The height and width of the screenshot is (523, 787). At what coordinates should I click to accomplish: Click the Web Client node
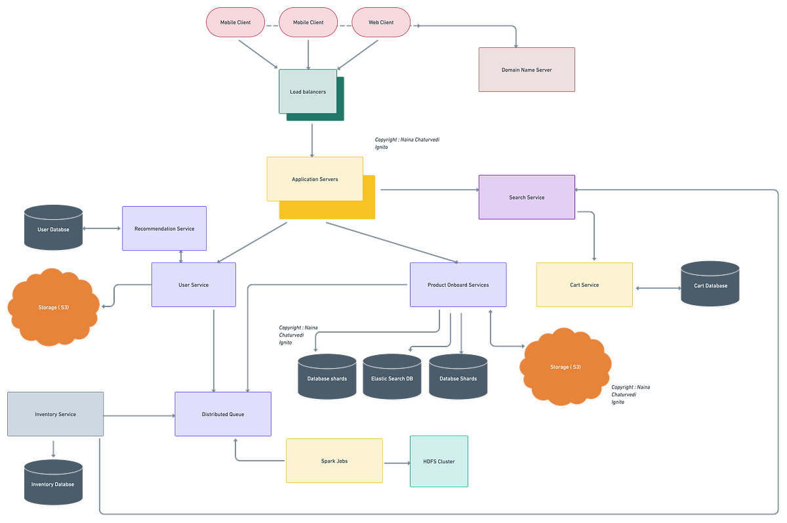click(x=381, y=22)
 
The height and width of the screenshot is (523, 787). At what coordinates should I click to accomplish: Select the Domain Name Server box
click(x=527, y=70)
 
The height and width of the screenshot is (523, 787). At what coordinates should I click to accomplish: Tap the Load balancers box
click(x=308, y=92)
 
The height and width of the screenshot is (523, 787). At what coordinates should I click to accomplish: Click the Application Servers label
click(x=315, y=179)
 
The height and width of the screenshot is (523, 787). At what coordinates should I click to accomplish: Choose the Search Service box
click(x=527, y=197)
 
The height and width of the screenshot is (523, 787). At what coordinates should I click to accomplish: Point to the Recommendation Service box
click(x=164, y=228)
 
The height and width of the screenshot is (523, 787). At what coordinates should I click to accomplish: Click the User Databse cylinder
click(x=53, y=229)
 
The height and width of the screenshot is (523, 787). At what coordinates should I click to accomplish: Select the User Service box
click(x=193, y=285)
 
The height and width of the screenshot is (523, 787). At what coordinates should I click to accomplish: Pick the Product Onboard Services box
click(x=458, y=285)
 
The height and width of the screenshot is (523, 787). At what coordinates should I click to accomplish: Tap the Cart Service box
click(x=584, y=285)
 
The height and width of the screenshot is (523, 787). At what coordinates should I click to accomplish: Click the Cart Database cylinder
click(x=710, y=285)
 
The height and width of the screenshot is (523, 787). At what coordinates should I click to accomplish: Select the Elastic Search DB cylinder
click(x=392, y=378)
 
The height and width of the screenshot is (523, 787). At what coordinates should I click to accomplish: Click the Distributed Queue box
click(x=223, y=414)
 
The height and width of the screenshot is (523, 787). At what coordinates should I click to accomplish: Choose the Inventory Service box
click(x=55, y=414)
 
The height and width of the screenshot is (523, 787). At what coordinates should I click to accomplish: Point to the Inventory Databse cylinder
click(x=53, y=484)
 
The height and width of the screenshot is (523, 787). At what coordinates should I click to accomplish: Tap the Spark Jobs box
click(x=334, y=461)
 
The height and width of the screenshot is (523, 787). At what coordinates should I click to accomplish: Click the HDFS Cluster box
click(x=439, y=461)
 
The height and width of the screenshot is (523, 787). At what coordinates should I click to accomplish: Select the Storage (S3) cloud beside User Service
click(x=53, y=306)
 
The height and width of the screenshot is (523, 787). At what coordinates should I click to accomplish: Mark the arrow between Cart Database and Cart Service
click(x=656, y=288)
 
